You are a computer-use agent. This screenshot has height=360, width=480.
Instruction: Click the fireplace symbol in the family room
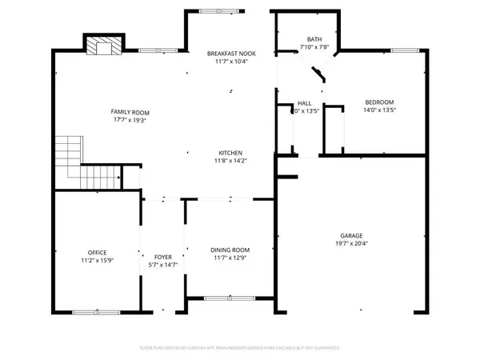click(x=101, y=47)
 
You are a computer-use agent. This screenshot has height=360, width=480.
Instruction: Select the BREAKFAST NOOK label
click(x=228, y=54)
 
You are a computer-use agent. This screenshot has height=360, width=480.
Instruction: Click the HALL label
click(x=305, y=103)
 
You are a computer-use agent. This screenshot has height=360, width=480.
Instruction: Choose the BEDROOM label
click(x=380, y=102)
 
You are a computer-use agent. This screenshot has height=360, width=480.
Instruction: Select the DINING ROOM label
click(x=230, y=250)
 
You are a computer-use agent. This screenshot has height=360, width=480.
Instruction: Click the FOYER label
click(x=162, y=257)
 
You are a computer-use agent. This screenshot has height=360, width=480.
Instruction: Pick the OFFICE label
click(x=98, y=253)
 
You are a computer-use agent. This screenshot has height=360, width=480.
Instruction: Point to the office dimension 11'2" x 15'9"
click(x=98, y=261)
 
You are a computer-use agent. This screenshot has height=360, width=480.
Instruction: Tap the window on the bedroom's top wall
click(x=406, y=50)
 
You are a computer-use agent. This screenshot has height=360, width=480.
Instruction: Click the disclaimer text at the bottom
click(x=240, y=349)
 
